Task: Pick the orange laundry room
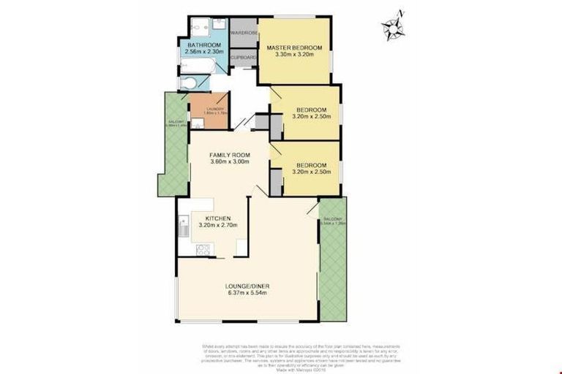209,112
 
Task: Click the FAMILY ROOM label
230,155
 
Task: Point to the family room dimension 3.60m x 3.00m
230,162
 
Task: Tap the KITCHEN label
218,218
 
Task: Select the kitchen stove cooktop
203,249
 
